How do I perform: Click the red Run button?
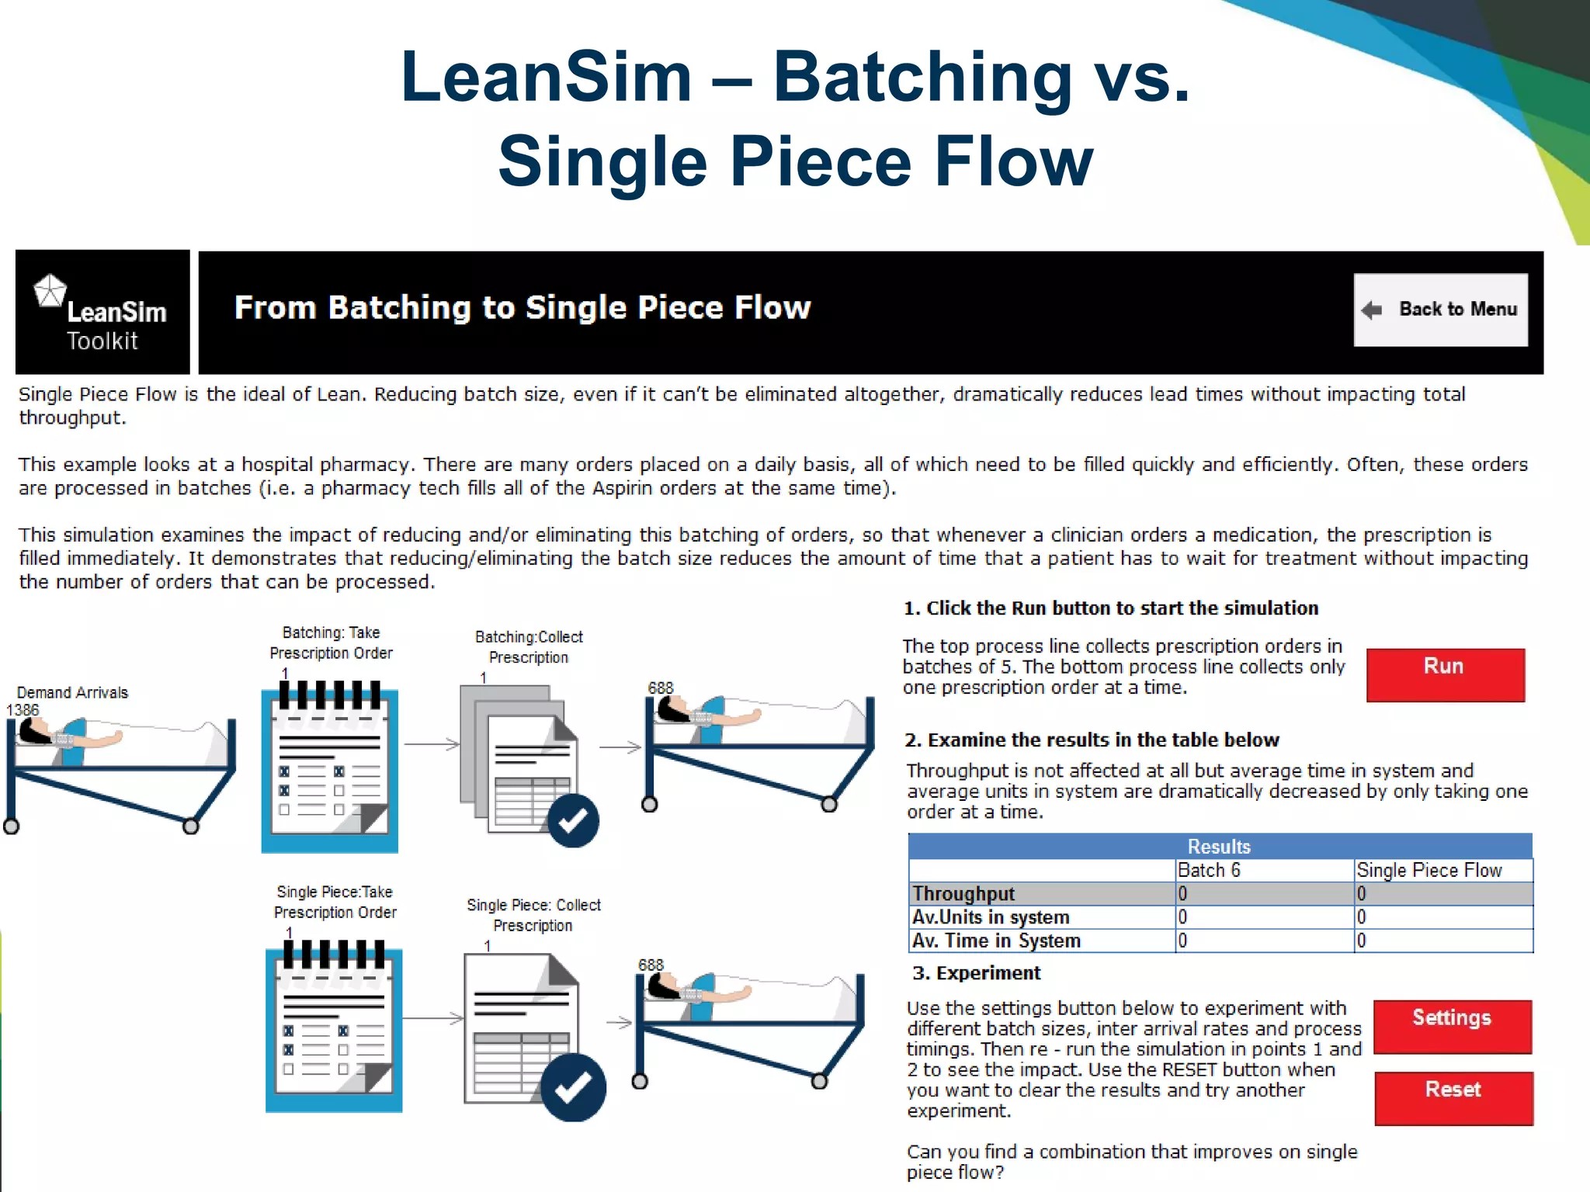(x=1445, y=674)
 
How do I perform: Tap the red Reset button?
(x=1453, y=1097)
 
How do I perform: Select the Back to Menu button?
(x=1441, y=309)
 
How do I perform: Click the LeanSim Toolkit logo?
(x=102, y=313)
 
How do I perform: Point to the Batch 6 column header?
(x=1209, y=870)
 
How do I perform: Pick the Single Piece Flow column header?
(x=1429, y=870)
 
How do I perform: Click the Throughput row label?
(x=963, y=893)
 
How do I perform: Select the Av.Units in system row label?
(x=991, y=917)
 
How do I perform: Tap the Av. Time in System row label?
(x=996, y=941)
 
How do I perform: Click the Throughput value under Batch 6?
(x=1183, y=894)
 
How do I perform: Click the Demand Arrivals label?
(x=72, y=692)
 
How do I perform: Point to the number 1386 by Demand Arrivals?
(x=23, y=709)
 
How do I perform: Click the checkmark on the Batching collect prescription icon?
(x=573, y=820)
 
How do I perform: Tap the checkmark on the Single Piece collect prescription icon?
(x=573, y=1087)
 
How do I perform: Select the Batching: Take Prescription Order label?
(x=331, y=643)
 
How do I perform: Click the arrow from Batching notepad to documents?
(x=432, y=744)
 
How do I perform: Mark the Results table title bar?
(x=1219, y=846)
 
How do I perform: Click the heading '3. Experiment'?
(x=976, y=973)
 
